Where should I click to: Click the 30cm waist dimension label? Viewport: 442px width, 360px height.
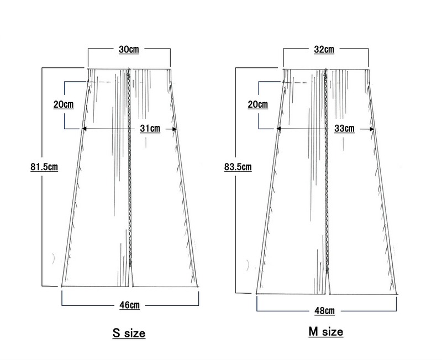pos(129,50)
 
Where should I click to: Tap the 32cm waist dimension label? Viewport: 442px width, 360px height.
pos(324,50)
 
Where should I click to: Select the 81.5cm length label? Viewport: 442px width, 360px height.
pos(44,167)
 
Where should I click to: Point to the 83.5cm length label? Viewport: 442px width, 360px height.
pos(238,167)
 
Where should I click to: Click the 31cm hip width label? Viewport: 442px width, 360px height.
pos(150,129)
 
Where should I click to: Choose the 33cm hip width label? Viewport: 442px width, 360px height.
pos(344,129)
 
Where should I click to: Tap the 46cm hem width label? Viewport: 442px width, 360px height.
pos(130,305)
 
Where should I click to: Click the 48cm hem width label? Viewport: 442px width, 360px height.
pos(325,311)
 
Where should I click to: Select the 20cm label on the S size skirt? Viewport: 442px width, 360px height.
pos(64,104)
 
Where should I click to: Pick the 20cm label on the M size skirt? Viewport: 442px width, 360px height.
pos(258,104)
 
